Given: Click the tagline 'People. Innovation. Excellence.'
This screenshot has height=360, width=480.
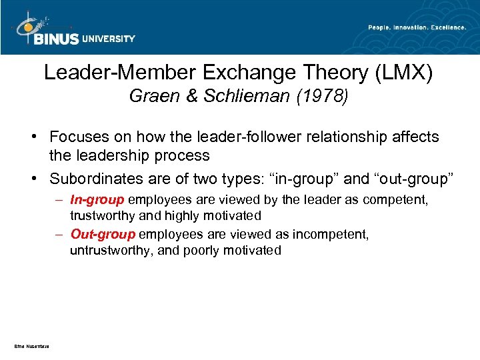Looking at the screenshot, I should (417, 27).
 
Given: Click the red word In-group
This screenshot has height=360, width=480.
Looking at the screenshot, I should (97, 199).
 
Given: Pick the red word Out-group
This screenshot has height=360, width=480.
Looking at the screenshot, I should (103, 234).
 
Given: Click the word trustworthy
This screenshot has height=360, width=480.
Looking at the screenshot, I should (102, 215).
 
